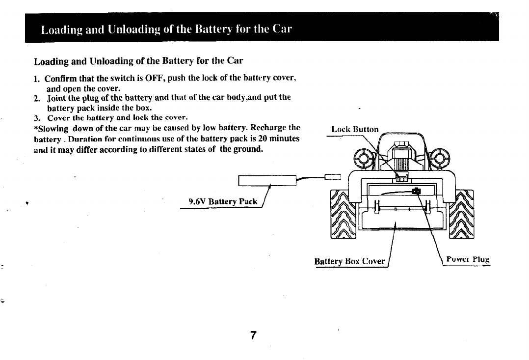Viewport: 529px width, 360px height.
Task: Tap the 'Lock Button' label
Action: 355,129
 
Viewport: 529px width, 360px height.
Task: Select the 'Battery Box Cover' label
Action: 349,261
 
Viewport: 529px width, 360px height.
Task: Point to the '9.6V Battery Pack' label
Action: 223,201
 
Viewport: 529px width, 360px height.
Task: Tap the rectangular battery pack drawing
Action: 267,180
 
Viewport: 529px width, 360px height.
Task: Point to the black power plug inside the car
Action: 416,191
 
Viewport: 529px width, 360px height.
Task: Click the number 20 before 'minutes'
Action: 263,138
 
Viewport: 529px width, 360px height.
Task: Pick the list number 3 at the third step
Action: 36,118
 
